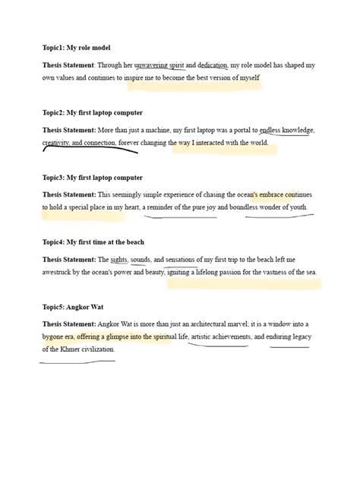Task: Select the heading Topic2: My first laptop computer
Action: (x=92, y=112)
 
